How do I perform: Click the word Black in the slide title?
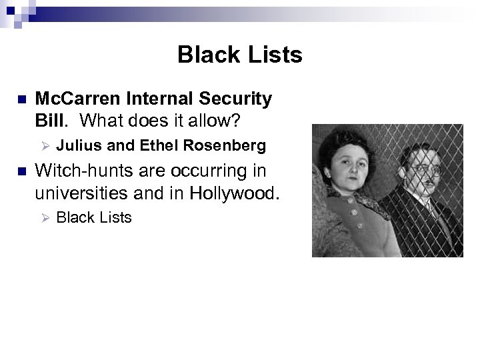tap(203, 55)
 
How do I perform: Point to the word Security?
tap(233, 99)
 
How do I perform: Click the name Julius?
tap(76, 145)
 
